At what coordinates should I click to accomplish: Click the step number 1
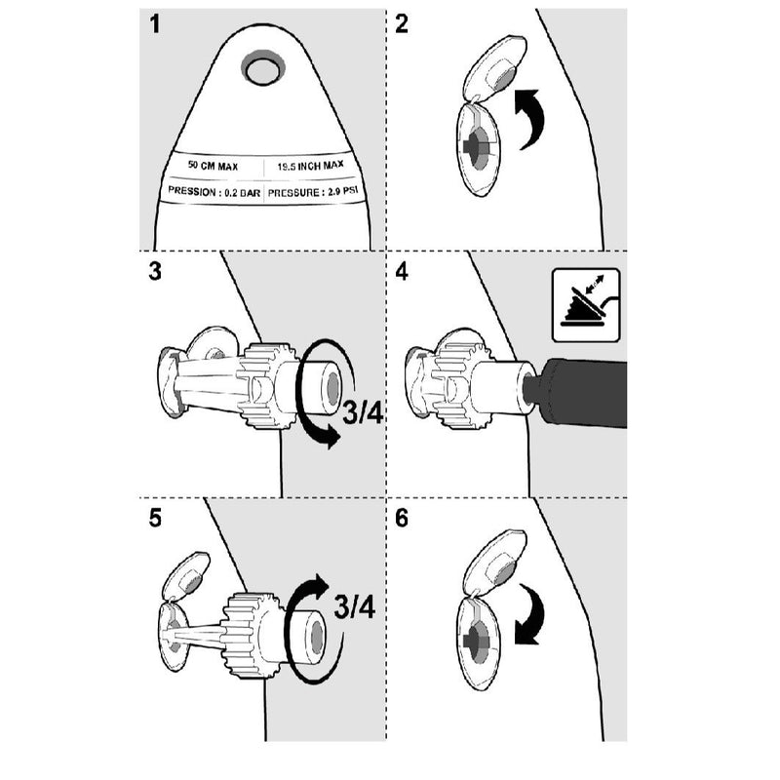[x=154, y=25]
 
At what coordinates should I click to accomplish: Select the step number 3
[x=155, y=271]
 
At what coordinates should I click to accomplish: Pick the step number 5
[x=155, y=518]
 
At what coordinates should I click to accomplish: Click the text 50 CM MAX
[x=214, y=168]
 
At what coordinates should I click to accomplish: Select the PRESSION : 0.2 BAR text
[x=214, y=192]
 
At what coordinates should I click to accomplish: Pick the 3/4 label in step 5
[x=354, y=606]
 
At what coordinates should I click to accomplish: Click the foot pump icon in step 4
[x=585, y=304]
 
